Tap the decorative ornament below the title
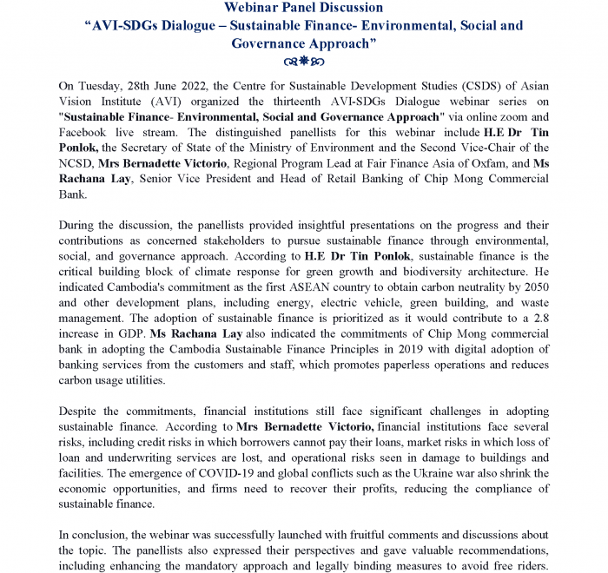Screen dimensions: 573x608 [x=303, y=63]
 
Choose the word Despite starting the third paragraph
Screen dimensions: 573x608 [x=81, y=411]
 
